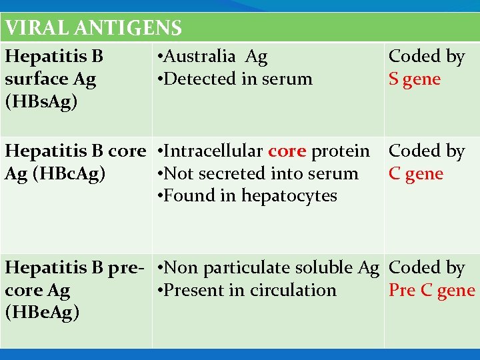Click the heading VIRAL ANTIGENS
(93, 28)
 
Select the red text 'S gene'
(415, 79)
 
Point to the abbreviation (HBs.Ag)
(41, 101)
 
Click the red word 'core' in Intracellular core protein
(287, 151)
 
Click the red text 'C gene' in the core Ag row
(416, 173)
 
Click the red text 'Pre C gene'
(432, 291)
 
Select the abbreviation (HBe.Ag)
(42, 313)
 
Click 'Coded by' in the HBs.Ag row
(427, 57)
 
